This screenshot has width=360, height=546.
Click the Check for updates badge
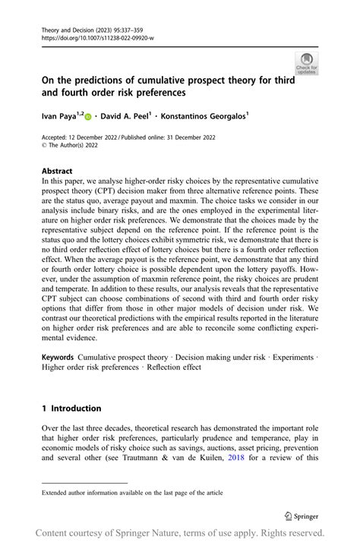[307, 63]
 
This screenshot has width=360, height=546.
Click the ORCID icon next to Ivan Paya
[88, 117]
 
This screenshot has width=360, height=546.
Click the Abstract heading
[58, 172]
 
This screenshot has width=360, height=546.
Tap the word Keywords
[58, 357]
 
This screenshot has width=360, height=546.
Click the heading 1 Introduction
[71, 408]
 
